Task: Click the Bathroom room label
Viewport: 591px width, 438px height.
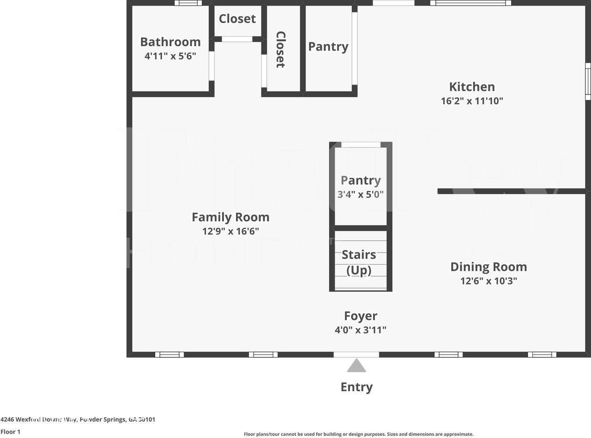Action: [x=170, y=42]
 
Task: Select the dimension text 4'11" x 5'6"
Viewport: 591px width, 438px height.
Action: [x=170, y=56]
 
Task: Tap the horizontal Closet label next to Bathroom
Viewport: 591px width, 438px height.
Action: [x=237, y=19]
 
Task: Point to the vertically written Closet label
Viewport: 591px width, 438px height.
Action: [x=280, y=49]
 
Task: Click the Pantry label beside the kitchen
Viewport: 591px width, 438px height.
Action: [x=328, y=47]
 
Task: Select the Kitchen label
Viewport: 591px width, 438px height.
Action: [x=471, y=87]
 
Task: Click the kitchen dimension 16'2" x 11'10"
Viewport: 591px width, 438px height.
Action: [x=471, y=101]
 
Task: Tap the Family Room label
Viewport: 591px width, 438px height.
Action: [x=230, y=217]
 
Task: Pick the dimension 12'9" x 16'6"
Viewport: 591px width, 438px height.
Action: [x=230, y=231]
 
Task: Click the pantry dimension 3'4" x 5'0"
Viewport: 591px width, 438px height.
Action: [x=360, y=195]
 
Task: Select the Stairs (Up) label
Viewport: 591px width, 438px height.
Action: [x=359, y=262]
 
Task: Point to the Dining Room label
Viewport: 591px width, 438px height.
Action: [x=488, y=267]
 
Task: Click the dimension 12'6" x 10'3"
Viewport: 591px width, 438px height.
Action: [x=488, y=281]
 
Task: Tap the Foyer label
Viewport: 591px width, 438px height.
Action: [x=360, y=316]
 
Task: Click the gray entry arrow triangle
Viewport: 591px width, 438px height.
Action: [x=356, y=367]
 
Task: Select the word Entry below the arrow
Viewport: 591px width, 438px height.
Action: [x=356, y=387]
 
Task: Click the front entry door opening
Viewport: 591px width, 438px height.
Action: [x=356, y=355]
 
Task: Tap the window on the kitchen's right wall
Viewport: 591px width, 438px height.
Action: [x=588, y=81]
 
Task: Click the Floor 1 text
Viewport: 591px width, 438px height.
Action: [x=10, y=432]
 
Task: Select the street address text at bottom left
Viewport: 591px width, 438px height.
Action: [x=78, y=420]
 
